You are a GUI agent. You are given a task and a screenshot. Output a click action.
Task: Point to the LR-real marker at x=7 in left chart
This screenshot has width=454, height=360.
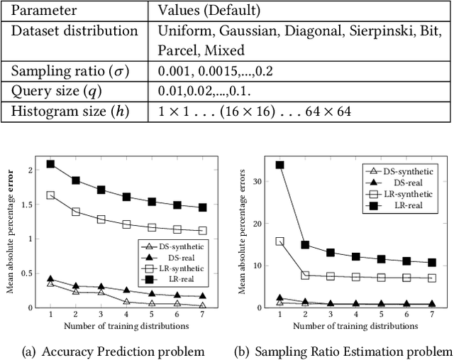pyautogui.click(x=203, y=207)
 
